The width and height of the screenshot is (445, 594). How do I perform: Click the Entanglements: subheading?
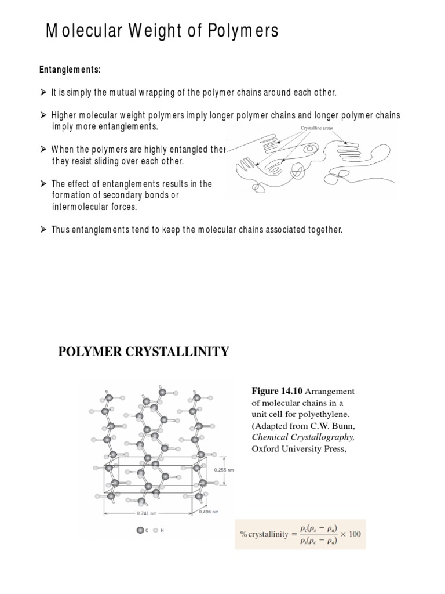click(70, 70)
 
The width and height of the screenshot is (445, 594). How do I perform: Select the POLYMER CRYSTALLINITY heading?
click(144, 352)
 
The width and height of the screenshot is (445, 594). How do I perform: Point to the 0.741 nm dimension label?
click(146, 513)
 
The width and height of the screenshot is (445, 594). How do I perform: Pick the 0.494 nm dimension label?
click(209, 512)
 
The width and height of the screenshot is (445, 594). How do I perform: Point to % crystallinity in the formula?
click(264, 534)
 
